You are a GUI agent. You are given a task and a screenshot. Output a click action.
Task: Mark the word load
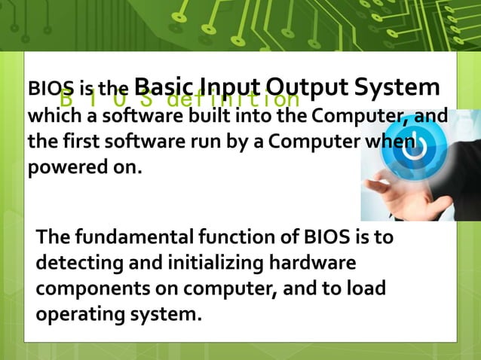[x=367, y=288]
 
